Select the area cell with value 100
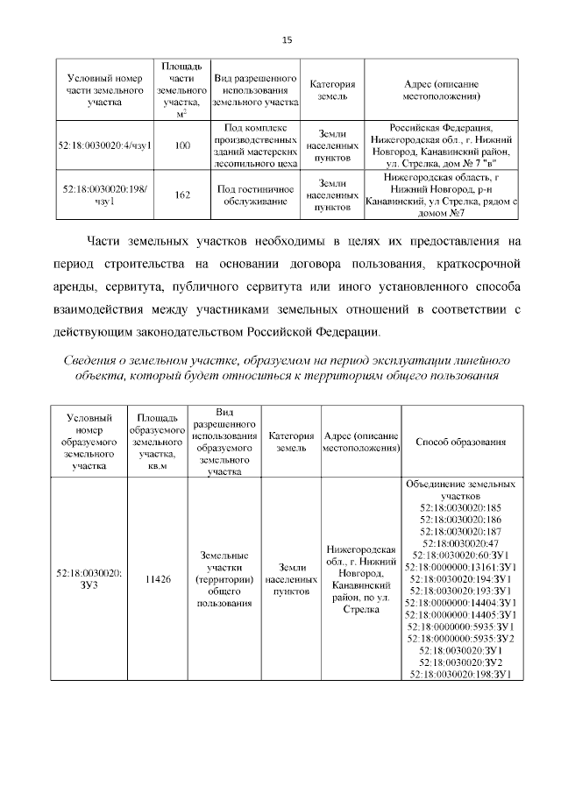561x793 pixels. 182,145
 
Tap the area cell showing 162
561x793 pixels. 182,195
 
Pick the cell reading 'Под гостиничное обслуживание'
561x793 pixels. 255,195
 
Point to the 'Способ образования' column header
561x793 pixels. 460,442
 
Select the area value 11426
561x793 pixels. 157,579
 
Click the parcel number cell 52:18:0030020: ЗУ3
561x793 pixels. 89,579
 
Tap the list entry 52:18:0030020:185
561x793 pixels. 460,507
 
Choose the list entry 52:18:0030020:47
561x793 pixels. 460,543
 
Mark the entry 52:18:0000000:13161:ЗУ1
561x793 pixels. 460,567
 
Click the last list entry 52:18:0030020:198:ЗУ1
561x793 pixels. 460,674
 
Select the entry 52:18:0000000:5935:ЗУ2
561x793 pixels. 460,638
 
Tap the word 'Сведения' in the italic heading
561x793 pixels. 96,362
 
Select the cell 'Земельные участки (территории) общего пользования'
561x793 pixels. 224,579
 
